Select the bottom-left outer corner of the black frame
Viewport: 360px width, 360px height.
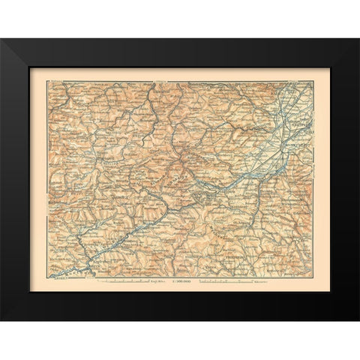1,321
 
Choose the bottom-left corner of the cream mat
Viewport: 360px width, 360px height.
29,292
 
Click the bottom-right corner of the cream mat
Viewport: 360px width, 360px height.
331,292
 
